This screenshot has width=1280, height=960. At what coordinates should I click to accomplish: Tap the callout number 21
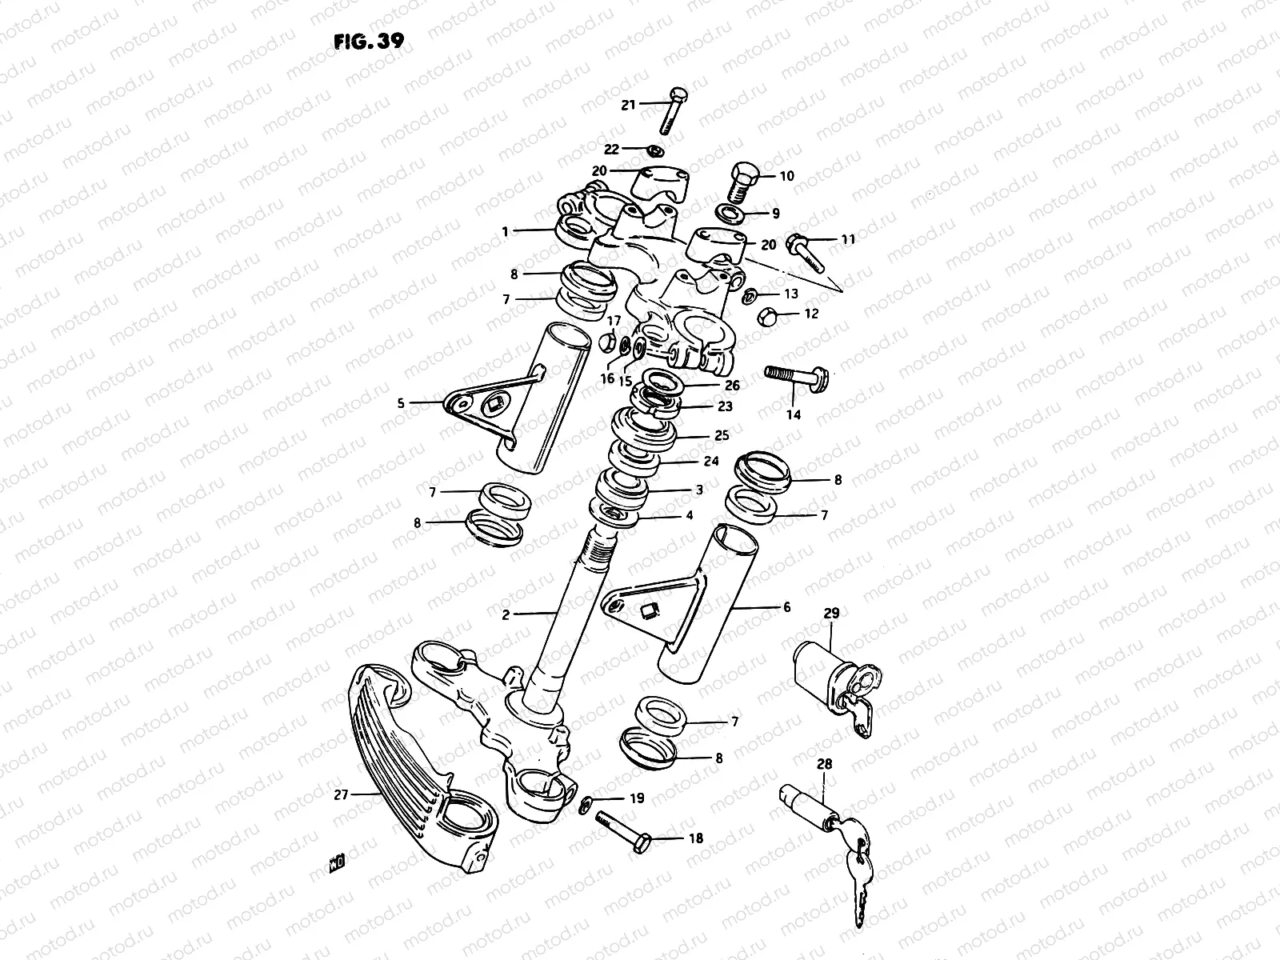pos(628,105)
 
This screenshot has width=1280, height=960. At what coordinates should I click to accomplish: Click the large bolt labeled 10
pos(742,182)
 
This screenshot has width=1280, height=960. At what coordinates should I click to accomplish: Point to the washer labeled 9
pos(730,214)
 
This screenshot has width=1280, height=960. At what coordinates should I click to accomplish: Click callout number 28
pos(824,764)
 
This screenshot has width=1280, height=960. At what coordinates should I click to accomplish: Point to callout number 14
pos(793,414)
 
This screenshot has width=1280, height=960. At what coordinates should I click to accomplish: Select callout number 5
pos(401,404)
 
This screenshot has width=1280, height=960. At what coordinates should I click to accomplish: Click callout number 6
pos(786,608)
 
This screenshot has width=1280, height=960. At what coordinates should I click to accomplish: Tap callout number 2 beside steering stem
pos(506,614)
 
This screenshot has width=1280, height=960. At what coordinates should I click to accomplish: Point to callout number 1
pos(505,231)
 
